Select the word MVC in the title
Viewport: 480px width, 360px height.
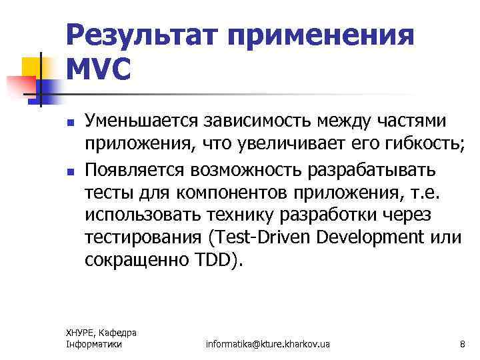pos(99,70)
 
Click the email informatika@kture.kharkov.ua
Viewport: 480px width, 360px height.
pos(268,343)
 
